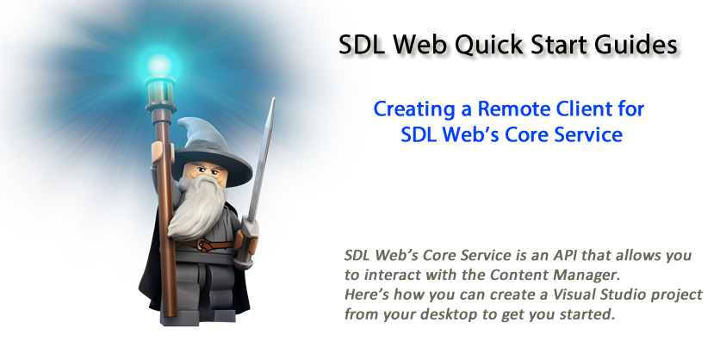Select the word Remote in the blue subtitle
click(513, 109)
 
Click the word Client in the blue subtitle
click(584, 109)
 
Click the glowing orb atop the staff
click(159, 65)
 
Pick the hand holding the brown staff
click(162, 154)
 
